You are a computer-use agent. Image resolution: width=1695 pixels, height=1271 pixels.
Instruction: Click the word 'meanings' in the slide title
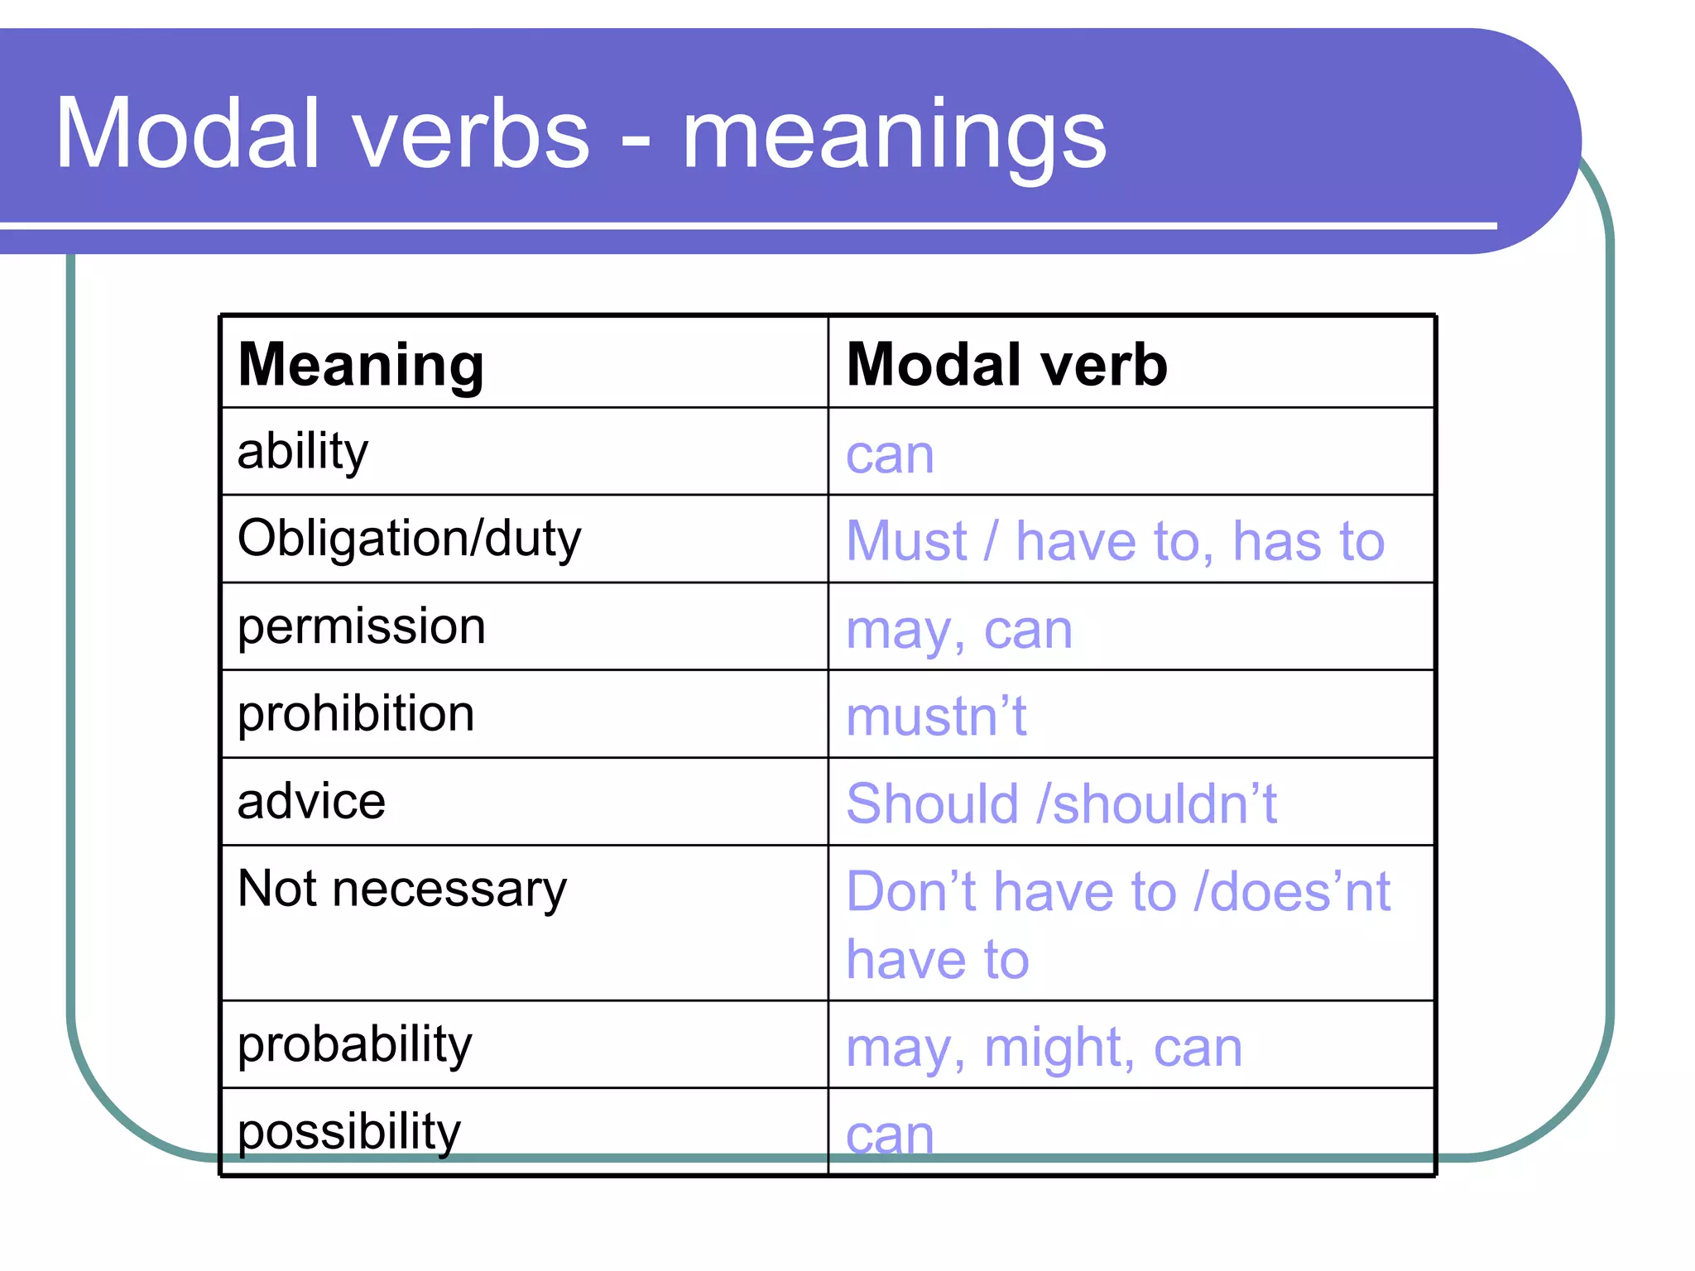click(894, 137)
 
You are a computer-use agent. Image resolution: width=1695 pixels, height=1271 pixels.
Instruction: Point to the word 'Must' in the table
click(907, 542)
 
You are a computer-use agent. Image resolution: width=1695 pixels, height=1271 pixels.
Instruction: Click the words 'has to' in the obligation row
click(1308, 542)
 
